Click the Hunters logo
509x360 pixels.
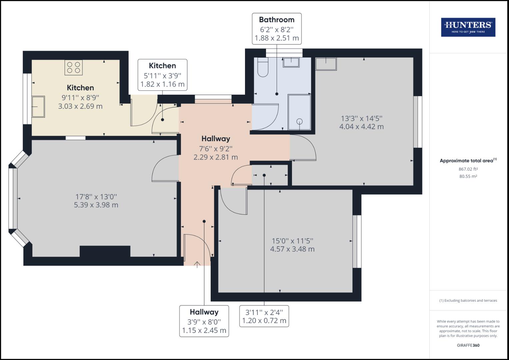(468, 27)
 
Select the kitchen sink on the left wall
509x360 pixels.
(38, 107)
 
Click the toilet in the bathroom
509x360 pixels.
(263, 68)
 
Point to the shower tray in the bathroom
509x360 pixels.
(299, 112)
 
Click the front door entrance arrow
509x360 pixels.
(197, 264)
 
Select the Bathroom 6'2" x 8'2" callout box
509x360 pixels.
(277, 29)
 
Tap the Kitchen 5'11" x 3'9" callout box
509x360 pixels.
(162, 75)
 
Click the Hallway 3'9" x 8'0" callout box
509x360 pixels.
(204, 321)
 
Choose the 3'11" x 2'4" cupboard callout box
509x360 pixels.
(264, 316)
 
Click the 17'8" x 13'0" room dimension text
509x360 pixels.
(96, 201)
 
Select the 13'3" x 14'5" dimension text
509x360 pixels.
(361, 122)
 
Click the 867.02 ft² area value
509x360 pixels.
(468, 169)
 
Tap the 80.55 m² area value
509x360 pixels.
(468, 176)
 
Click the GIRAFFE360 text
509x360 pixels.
(468, 345)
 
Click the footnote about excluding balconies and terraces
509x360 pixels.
(468, 300)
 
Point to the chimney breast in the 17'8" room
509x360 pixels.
(105, 251)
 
